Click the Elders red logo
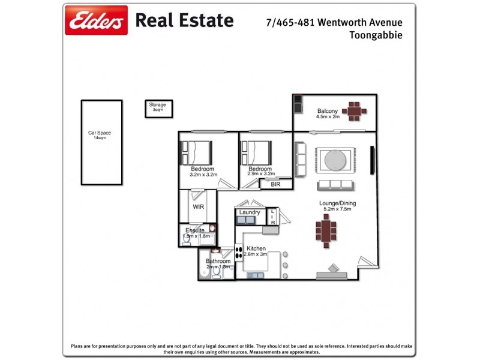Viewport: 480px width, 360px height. (96, 20)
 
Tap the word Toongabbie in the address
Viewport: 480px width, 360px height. (376, 35)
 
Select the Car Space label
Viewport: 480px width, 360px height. (100, 133)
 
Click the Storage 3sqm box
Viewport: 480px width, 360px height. (158, 108)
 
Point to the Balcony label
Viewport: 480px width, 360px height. (328, 111)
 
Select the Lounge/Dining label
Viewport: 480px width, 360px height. (335, 203)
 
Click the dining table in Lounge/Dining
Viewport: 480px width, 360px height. (326, 232)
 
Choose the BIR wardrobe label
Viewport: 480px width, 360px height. (275, 184)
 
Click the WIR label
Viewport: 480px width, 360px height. (198, 207)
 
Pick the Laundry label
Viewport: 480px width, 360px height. (249, 212)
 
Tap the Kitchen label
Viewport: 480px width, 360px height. (256, 248)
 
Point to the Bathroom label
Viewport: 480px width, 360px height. (218, 262)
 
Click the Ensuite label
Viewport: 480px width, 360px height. (195, 230)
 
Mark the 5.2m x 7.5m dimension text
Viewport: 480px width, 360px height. (335, 209)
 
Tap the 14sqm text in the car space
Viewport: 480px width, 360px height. (100, 138)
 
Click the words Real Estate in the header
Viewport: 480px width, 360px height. (184, 20)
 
